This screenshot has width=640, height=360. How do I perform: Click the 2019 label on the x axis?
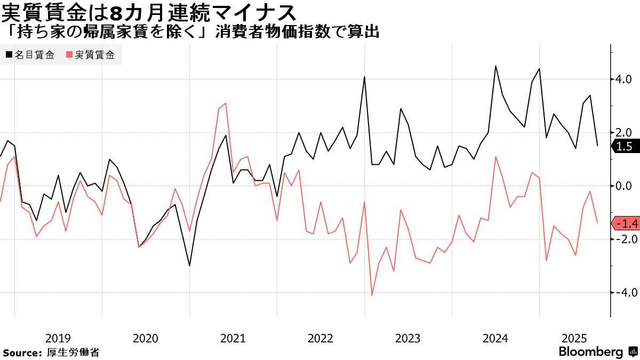pos(58,338)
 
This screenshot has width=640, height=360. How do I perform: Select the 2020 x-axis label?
pos(145,338)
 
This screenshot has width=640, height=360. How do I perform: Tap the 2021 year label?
pos(233,338)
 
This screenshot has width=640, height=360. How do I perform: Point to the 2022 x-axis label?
pos(320,338)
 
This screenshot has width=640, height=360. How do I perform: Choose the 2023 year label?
pos(407,338)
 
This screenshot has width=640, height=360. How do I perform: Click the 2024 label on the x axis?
pos(495,338)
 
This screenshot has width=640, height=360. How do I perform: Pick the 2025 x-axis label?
pos(575,338)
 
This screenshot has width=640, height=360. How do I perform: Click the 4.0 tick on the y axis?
pos(625,79)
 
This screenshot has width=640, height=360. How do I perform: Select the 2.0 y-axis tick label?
pos(625,133)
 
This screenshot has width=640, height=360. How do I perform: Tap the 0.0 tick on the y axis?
pos(625,186)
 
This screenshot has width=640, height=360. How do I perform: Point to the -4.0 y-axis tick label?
pos(622,293)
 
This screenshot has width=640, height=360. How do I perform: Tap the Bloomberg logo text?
pos(590,352)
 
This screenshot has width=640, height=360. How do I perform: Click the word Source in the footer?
pos(22,353)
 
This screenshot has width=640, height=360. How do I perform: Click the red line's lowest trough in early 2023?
pos(372,295)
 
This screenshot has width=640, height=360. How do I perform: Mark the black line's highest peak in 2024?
pos(495,66)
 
